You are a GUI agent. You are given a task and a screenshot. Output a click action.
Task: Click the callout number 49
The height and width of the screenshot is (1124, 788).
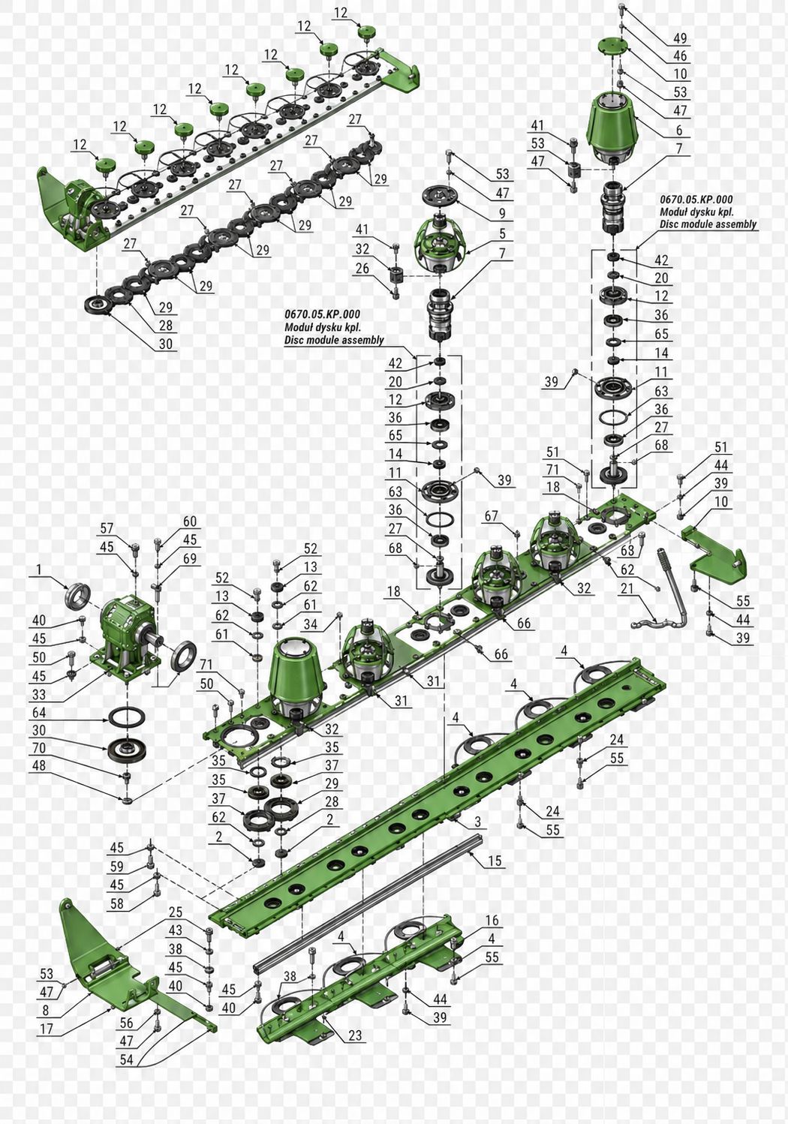[680, 38]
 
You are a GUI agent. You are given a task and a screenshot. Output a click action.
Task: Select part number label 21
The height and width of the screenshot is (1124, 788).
[627, 588]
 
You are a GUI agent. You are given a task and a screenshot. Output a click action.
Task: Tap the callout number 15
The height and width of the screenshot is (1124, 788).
[495, 861]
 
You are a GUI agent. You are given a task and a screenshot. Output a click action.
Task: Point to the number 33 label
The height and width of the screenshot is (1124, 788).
[38, 694]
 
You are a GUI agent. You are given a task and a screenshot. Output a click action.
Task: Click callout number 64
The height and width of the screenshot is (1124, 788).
[38, 712]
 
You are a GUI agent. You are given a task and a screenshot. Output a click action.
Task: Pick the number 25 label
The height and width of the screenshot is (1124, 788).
[175, 912]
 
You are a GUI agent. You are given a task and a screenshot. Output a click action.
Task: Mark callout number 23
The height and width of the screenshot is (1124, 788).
[355, 1035]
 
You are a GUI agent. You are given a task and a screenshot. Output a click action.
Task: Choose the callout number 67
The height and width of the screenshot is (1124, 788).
[491, 515]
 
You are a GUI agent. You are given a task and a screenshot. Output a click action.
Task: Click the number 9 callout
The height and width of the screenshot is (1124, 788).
[502, 214]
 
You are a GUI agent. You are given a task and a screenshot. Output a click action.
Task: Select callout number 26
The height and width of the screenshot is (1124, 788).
[362, 268]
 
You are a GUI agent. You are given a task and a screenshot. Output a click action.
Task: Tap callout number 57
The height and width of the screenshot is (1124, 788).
[107, 528]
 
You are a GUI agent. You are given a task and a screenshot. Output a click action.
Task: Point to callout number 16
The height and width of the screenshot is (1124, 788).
[492, 920]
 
